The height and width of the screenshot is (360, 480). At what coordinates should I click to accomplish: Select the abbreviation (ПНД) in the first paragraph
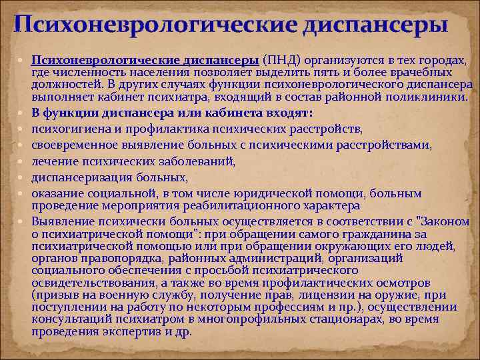tap(280, 61)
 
